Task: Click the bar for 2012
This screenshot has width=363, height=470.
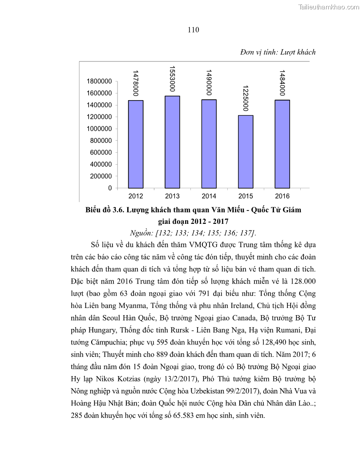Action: [x=136, y=144]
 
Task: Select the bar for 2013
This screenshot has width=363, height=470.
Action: [x=172, y=142]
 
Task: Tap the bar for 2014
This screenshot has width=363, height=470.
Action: [x=209, y=144]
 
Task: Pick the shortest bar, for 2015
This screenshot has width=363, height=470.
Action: [x=246, y=152]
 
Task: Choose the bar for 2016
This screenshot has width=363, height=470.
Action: [x=282, y=144]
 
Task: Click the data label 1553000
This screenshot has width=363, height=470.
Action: [x=172, y=80]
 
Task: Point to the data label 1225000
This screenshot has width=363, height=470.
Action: [x=246, y=99]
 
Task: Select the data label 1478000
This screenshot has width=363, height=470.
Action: [x=136, y=83]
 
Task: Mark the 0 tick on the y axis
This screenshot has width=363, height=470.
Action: [x=110, y=188]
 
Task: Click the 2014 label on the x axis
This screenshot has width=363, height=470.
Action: [x=209, y=196]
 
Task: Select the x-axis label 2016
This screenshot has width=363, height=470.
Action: [x=282, y=196]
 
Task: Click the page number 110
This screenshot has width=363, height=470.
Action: [x=193, y=30]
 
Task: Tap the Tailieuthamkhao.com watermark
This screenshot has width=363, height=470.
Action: [x=328, y=7]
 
